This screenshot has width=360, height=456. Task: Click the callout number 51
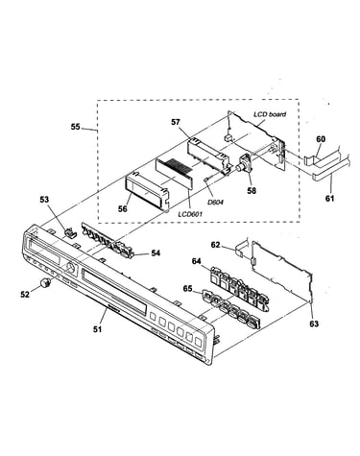(x=97, y=328)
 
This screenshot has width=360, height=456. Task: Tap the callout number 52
(x=25, y=294)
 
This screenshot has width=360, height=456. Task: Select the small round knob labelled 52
(x=46, y=282)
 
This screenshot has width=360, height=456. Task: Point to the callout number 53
(x=44, y=200)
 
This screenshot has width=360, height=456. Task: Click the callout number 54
(x=156, y=253)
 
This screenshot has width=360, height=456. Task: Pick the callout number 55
(x=76, y=127)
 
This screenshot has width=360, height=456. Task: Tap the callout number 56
(x=122, y=208)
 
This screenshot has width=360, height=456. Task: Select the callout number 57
(x=175, y=122)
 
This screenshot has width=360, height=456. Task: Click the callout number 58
(x=252, y=191)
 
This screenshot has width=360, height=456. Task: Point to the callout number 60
(x=321, y=139)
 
